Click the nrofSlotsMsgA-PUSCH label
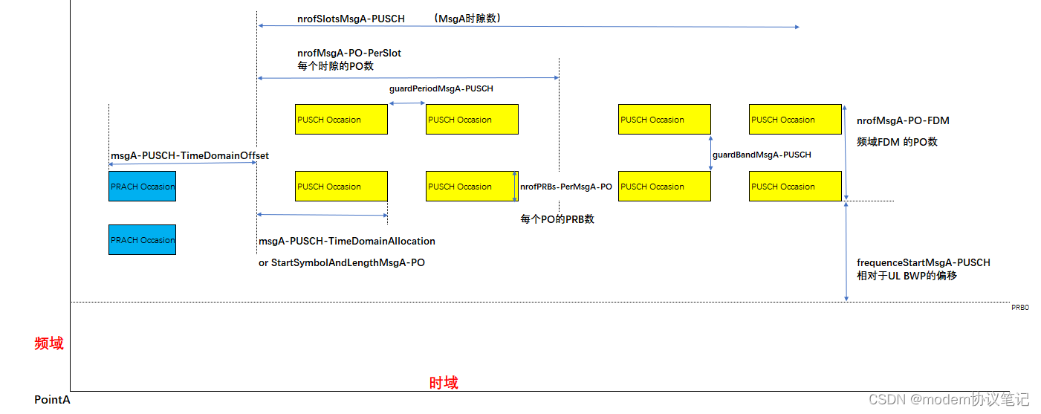351,19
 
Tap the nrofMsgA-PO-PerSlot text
349,54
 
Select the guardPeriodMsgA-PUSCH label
441,88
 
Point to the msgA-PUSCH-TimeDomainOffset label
189,155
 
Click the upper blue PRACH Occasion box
142,187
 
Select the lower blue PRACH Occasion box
142,239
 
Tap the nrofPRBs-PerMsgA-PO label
565,187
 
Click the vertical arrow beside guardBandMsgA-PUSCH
711,153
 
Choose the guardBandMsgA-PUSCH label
762,155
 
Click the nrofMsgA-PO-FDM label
903,120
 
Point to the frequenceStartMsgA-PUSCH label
923,262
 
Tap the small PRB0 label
1019,306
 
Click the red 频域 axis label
49,343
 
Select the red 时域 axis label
444,383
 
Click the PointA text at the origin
52,400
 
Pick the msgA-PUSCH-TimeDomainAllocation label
347,241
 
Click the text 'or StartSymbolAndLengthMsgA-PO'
342,262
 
